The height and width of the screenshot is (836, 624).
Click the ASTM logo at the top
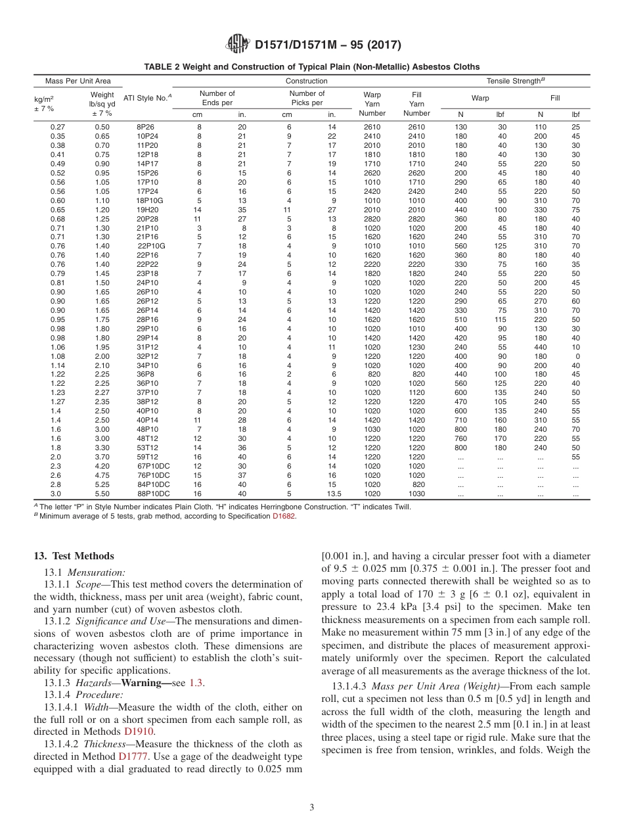coord(238,44)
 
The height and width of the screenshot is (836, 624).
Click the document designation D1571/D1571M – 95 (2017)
coord(328,45)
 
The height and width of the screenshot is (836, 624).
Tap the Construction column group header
coord(306,81)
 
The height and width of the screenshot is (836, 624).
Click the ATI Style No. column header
coord(147,98)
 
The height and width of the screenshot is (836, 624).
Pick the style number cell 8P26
coord(145,127)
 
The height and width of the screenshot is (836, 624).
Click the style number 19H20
coord(146,209)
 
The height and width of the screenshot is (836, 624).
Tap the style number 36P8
coord(145,374)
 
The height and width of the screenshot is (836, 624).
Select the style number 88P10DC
coord(153,494)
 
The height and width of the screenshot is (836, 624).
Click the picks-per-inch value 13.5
coord(334,494)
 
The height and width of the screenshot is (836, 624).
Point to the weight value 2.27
coord(102,392)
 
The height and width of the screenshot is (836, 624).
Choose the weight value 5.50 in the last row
coord(102,494)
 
